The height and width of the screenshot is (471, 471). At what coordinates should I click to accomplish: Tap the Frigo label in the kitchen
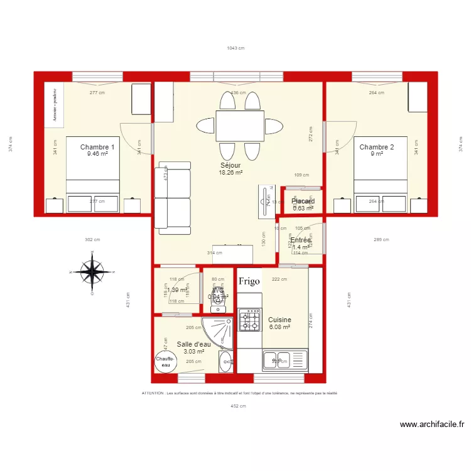(249, 281)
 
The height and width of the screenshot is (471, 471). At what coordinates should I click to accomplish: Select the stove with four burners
(249, 320)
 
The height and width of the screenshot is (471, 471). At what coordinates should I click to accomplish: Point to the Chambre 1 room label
(97, 147)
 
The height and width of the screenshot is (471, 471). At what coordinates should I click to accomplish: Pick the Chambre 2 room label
(377, 148)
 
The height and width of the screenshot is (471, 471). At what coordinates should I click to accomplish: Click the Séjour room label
(230, 165)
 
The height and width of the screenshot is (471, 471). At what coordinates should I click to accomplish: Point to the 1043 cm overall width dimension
(235, 48)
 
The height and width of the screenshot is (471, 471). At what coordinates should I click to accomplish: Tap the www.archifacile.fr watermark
(432, 425)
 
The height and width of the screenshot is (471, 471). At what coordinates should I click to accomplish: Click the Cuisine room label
(279, 320)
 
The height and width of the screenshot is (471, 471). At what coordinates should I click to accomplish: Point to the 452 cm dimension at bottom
(238, 406)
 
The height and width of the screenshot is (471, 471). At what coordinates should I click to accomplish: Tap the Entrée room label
(301, 240)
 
